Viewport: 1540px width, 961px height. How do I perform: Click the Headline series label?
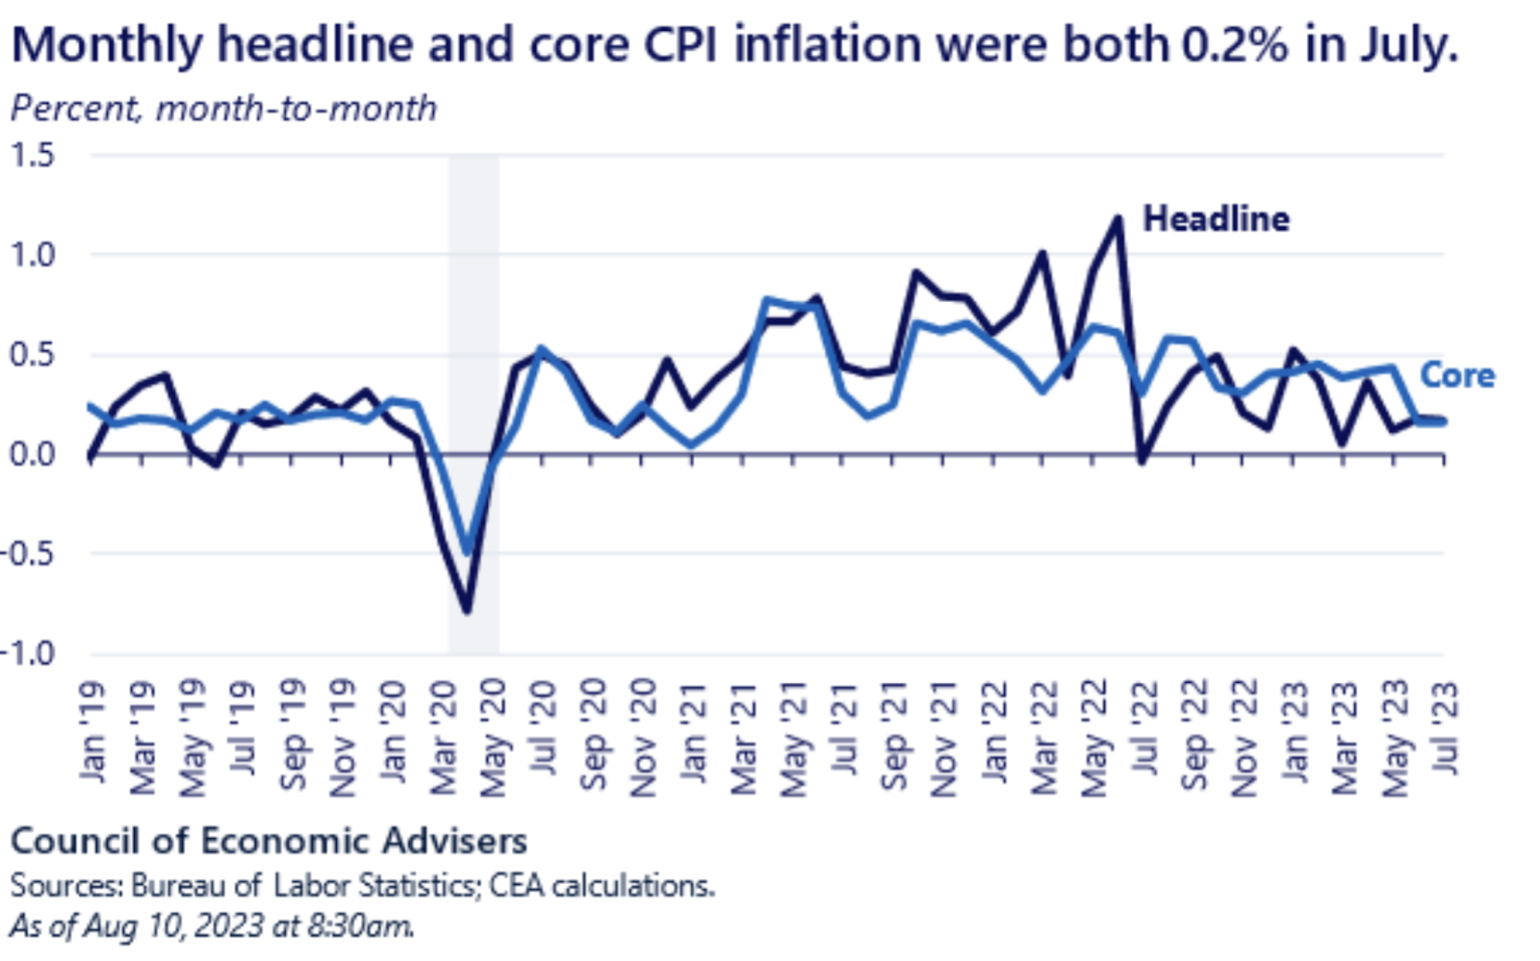click(x=1216, y=219)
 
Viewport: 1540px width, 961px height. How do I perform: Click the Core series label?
click(x=1457, y=375)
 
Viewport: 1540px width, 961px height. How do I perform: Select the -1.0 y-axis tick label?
click(x=29, y=653)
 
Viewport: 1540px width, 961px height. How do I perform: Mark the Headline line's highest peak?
click(x=1117, y=218)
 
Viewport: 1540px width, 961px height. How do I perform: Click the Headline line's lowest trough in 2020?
click(x=467, y=610)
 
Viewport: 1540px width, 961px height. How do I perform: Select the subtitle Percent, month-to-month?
click(x=223, y=109)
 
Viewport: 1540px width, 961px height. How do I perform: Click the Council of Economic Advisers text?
click(x=269, y=841)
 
